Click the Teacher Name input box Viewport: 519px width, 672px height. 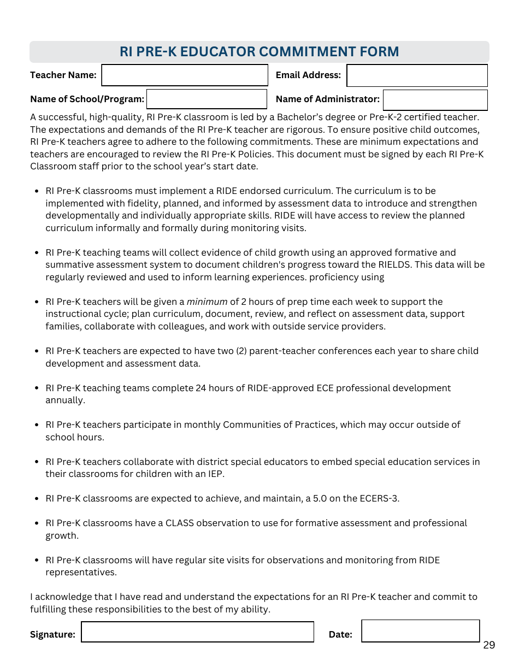185,75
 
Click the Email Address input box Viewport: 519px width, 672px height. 417,75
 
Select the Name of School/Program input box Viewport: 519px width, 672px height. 207,99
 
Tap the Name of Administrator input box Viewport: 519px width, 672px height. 435,100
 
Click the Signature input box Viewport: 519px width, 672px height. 197,632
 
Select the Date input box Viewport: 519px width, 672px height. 420,631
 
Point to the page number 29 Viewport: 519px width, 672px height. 489,645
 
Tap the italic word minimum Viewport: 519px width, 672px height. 207,302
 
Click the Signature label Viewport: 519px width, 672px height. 52,634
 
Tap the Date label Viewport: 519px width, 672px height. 340,634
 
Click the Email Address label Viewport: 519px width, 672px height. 308,75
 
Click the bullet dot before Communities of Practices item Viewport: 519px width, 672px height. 36,425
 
